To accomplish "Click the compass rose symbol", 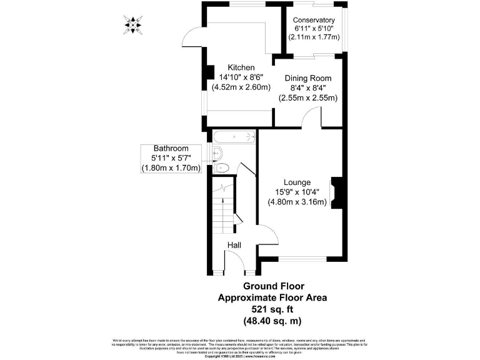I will pos(132,25).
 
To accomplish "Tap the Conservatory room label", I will pos(314,20).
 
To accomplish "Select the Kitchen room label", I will pos(241,67).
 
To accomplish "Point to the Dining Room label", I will pos(307,78).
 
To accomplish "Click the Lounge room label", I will pos(297,182).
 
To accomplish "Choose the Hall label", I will pos(234,246).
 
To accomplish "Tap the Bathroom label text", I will pos(171,149).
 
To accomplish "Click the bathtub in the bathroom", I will pos(234,136).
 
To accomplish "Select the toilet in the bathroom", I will pos(221,167).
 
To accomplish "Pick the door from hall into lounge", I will pos(267,237).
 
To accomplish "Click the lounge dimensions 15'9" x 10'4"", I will pos(297,192).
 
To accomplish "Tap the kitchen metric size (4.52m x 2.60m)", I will pos(241,87).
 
